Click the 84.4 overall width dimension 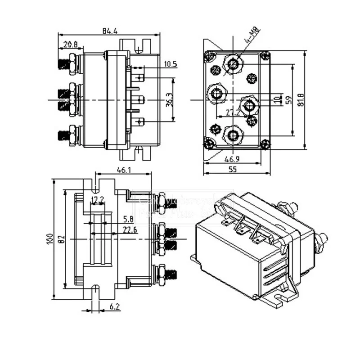(110, 31)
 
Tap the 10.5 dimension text (171, 64)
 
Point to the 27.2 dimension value (233, 113)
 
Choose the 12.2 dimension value (98, 199)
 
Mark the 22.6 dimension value (130, 230)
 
